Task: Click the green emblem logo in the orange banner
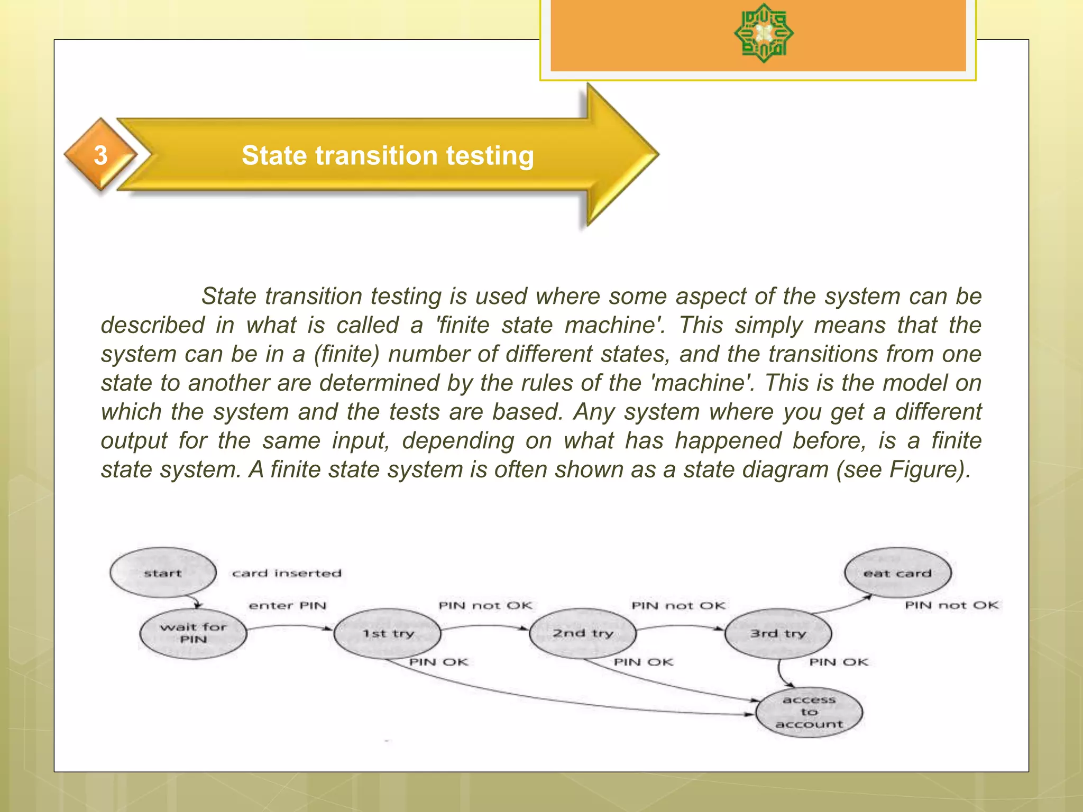click(764, 33)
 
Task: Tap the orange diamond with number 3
click(100, 155)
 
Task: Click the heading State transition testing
click(388, 155)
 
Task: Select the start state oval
click(163, 573)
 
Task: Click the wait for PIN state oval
click(193, 633)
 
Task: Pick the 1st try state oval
click(388, 633)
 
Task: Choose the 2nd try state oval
click(583, 633)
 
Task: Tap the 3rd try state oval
click(778, 633)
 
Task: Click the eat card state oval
click(897, 573)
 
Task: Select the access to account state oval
click(809, 712)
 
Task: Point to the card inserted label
click(287, 573)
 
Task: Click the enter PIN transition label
click(288, 605)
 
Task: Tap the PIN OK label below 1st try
click(439, 662)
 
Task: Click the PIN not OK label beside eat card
click(951, 605)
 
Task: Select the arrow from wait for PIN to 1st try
click(290, 628)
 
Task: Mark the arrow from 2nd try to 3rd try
click(680, 628)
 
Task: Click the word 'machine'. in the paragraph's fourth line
click(702, 383)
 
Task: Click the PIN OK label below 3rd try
click(839, 662)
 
